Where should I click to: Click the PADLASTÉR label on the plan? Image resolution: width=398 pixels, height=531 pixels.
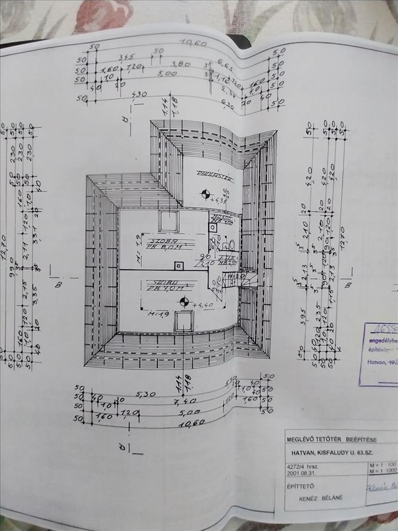209,174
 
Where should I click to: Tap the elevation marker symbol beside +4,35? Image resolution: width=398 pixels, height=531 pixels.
202,193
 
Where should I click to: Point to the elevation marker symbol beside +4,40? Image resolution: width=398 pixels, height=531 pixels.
184,303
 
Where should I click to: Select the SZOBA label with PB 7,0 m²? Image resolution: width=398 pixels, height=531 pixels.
165,284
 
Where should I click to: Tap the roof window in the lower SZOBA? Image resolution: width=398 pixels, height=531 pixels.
184,321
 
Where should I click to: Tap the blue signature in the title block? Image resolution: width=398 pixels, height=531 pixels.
383,485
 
